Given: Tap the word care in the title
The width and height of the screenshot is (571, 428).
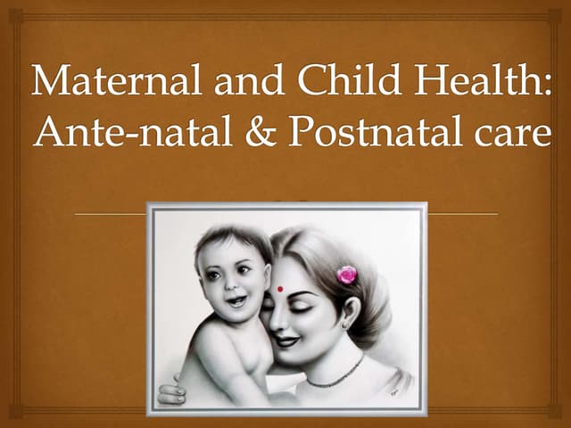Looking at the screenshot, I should click(x=508, y=136).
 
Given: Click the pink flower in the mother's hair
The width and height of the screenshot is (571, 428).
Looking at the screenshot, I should click(x=346, y=275).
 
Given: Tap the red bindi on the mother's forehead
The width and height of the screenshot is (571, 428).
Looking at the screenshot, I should click(x=279, y=288).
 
